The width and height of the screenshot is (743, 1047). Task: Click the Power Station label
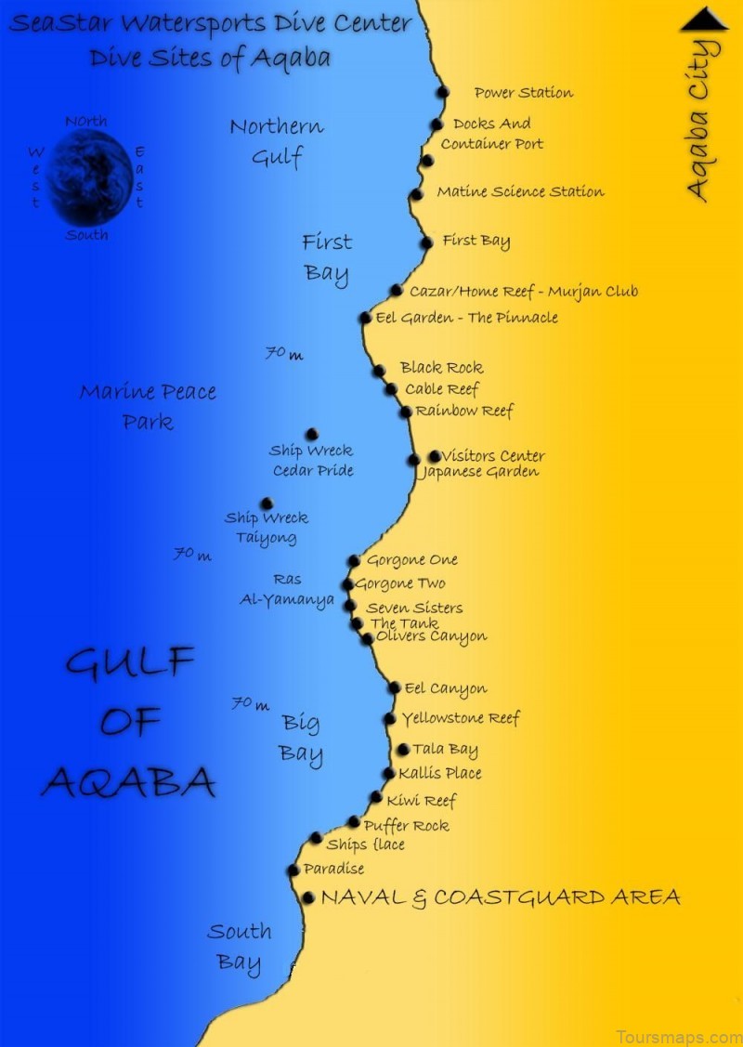523,93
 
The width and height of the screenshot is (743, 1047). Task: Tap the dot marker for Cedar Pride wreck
312,434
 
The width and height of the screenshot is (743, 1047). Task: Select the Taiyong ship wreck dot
267,504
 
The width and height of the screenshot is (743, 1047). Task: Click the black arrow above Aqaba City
705,19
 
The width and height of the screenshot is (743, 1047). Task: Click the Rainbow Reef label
463,411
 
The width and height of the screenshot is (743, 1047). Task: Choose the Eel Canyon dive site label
445,688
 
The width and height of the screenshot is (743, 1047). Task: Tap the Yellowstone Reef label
460,718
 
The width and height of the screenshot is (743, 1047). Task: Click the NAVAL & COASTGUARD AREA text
500,897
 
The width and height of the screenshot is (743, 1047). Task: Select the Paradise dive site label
333,869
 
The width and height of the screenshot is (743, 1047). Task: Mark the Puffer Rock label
406,825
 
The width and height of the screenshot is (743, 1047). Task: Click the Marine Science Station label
520,192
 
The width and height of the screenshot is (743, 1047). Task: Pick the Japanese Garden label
479,472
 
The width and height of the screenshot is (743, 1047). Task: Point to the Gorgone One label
411,560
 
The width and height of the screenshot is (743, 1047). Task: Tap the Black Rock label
441,368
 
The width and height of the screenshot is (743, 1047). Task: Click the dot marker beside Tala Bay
403,749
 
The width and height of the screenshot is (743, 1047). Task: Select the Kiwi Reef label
421,800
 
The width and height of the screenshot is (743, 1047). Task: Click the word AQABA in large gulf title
128,782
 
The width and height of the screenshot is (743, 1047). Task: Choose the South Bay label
239,946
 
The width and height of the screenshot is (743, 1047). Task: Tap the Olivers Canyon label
431,637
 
